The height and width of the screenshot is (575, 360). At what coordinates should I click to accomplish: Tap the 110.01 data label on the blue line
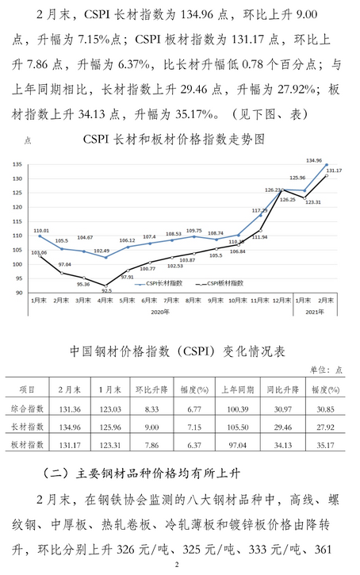click(x=41, y=230)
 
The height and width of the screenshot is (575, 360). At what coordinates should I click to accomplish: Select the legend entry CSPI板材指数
click(x=223, y=282)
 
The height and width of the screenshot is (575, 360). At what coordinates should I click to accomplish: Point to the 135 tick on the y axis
click(x=17, y=163)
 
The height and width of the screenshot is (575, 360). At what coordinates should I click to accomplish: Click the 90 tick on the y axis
click(x=18, y=293)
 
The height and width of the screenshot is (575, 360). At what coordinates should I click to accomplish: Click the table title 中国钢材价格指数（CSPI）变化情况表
click(x=179, y=351)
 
